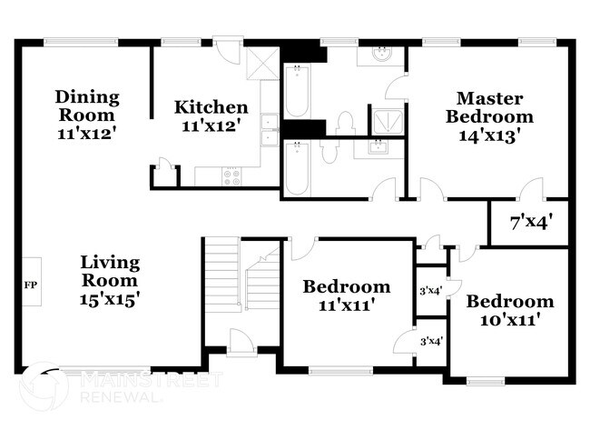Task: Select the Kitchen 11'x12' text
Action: pyautogui.click(x=211, y=116)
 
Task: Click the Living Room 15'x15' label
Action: pyautogui.click(x=109, y=279)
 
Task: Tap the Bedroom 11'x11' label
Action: pyautogui.click(x=347, y=296)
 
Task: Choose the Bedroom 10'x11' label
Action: pyautogui.click(x=509, y=310)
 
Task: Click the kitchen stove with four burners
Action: pyautogui.click(x=231, y=175)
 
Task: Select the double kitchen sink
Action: pyautogui.click(x=270, y=130)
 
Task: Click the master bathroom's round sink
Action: pyautogui.click(x=381, y=55)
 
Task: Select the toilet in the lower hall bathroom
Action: pyautogui.click(x=329, y=151)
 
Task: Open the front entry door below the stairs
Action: pyautogui.click(x=242, y=344)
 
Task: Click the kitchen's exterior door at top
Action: pyautogui.click(x=228, y=43)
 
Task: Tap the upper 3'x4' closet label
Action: pyautogui.click(x=429, y=291)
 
